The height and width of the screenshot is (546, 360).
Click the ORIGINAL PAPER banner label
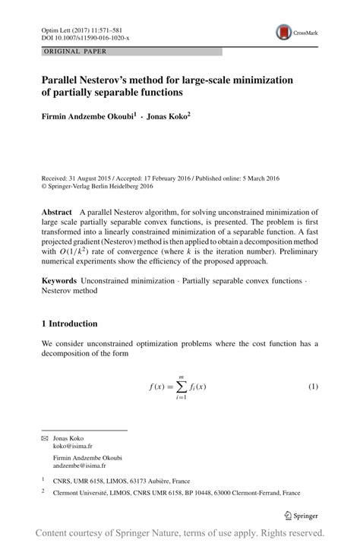[x=74, y=52]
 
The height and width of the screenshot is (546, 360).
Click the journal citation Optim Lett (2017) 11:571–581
[x=77, y=28]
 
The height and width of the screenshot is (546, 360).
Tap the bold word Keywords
[x=58, y=281]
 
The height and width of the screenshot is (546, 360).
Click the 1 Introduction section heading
[x=69, y=323]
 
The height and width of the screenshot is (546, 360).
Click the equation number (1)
[x=312, y=387]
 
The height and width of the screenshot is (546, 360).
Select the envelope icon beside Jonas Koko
[x=44, y=439]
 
